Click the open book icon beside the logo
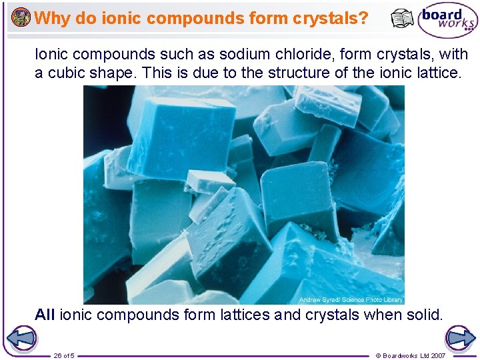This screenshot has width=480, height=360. coord(402,19)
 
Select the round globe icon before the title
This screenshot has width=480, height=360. coord(21,17)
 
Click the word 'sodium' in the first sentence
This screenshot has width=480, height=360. coord(239,54)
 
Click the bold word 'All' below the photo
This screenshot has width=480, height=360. coord(45,315)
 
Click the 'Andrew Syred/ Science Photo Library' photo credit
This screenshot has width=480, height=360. coord(351,300)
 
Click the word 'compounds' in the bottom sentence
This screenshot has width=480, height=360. coord(141,315)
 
